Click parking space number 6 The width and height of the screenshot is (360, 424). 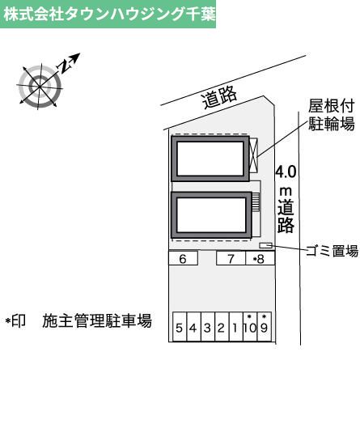point(183,258)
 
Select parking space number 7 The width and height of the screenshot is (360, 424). point(231,258)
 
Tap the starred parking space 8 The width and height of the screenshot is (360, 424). point(260,258)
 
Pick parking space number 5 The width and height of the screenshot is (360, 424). point(180,327)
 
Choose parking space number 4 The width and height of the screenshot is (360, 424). point(193,327)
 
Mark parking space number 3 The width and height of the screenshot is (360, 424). point(208,327)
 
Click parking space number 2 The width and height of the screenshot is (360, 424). point(222,327)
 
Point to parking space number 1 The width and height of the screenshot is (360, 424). point(235,327)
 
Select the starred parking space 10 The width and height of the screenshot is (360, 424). point(250,327)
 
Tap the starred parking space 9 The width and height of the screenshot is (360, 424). point(265,327)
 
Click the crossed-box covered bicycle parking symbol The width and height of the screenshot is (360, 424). point(253,155)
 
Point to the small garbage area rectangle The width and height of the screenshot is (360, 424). point(265,245)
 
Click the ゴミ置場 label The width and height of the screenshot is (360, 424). point(332,251)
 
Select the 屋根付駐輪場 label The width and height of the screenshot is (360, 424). point(332,115)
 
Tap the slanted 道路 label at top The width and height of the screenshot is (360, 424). point(219,98)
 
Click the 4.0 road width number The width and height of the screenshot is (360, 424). point(286,172)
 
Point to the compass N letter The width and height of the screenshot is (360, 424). point(65,66)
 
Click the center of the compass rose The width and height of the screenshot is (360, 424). point(40,87)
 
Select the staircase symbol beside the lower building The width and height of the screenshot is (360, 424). point(256,201)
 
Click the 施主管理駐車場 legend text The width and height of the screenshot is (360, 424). point(97,320)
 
